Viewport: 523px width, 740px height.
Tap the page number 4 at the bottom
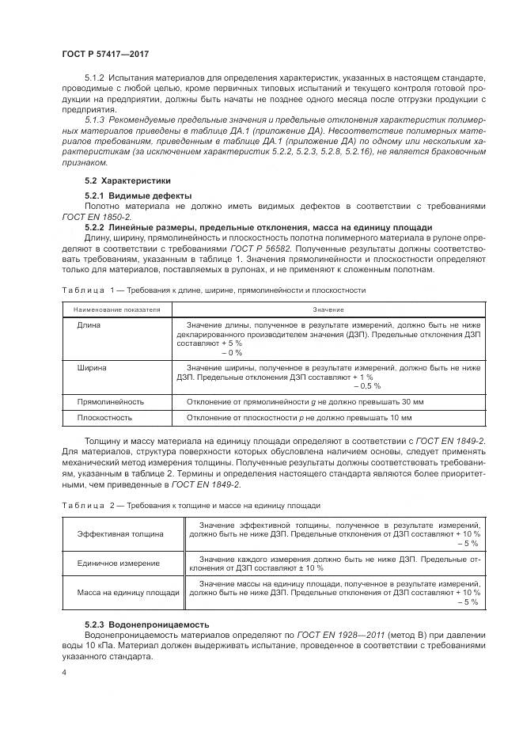click(63, 673)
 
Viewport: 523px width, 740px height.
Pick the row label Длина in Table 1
click(89, 325)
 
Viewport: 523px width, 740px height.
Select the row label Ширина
click(93, 368)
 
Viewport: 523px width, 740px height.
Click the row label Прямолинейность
click(110, 401)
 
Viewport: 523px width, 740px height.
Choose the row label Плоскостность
click(104, 417)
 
